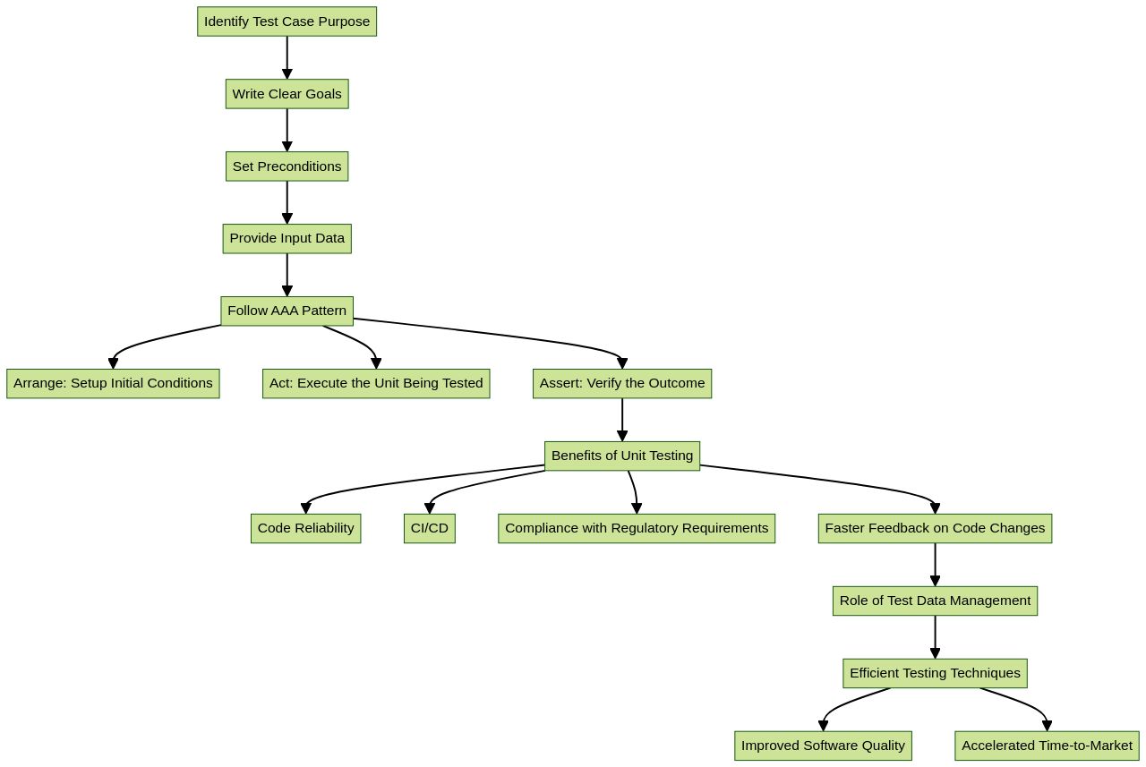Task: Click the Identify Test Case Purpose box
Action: pyautogui.click(x=286, y=21)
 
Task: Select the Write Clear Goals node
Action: pyautogui.click(x=286, y=94)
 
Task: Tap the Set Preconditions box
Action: pyautogui.click(x=286, y=166)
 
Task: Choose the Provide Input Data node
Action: pyautogui.click(x=286, y=238)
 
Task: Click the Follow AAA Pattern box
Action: pyautogui.click(x=286, y=311)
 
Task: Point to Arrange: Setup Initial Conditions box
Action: pyautogui.click(x=113, y=383)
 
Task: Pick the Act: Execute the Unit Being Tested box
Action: pyautogui.click(x=376, y=383)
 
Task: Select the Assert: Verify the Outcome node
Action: pyautogui.click(x=622, y=383)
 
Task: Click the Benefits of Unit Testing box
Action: pyautogui.click(x=622, y=456)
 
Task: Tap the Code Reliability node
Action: pyautogui.click(x=305, y=528)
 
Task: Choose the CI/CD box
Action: pyautogui.click(x=429, y=528)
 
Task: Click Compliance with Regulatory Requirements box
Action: pyautogui.click(x=637, y=528)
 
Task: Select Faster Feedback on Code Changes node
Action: pyautogui.click(x=935, y=528)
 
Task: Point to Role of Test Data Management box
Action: pyautogui.click(x=935, y=601)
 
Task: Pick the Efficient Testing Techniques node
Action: pyautogui.click(x=935, y=673)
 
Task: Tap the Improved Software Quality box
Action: pyautogui.click(x=823, y=746)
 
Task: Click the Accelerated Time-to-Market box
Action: pyautogui.click(x=1047, y=746)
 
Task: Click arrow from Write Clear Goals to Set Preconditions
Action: pyautogui.click(x=286, y=130)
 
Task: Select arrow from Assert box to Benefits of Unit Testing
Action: pyautogui.click(x=622, y=419)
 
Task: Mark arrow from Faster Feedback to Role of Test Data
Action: pyautogui.click(x=935, y=564)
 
